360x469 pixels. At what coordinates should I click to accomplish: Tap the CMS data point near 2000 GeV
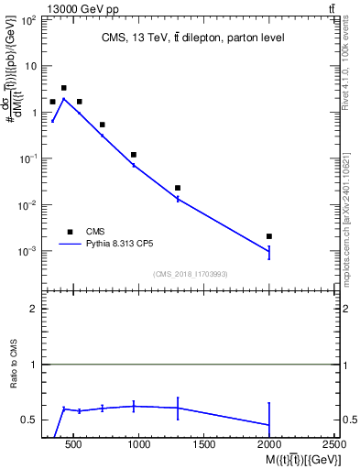pyautogui.click(x=269, y=236)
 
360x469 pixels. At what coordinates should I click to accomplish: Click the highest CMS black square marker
pyautogui.click(x=63, y=88)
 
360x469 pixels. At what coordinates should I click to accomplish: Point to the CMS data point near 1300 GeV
pyautogui.click(x=178, y=188)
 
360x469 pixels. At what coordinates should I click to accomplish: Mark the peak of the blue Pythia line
pyautogui.click(x=63, y=98)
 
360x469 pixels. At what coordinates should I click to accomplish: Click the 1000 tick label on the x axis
pyautogui.click(x=139, y=446)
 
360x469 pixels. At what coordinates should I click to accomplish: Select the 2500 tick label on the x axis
pyautogui.click(x=334, y=446)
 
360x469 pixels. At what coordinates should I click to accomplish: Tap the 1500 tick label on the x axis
pyautogui.click(x=204, y=446)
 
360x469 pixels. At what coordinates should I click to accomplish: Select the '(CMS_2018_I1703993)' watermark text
pyautogui.click(x=191, y=274)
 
